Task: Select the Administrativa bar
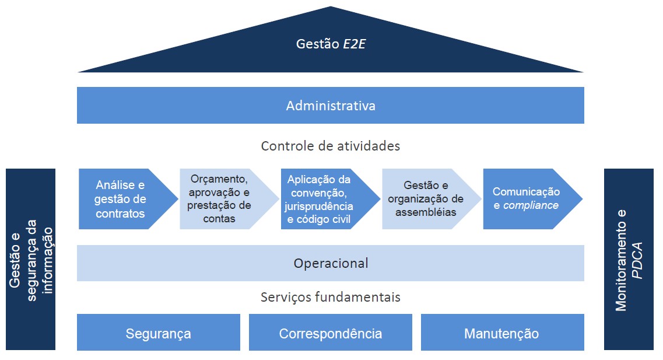[x=331, y=106]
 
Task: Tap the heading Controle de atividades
[x=331, y=146]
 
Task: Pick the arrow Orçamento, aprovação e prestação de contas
[x=222, y=199]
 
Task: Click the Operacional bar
[x=331, y=263]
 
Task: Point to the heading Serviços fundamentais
[x=331, y=298]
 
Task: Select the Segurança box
[x=159, y=334]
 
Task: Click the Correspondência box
[x=331, y=334]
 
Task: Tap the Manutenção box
[x=501, y=334]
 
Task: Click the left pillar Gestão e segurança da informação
[x=31, y=260]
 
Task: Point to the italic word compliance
[x=531, y=205]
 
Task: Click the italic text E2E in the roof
[x=355, y=44]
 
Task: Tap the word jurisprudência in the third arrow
[x=319, y=206]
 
